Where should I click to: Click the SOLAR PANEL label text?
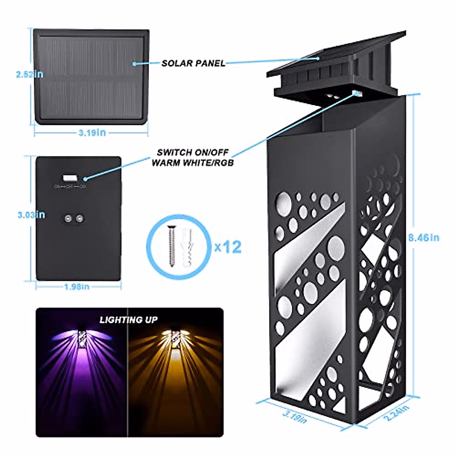point(193,63)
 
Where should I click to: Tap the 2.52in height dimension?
point(30,74)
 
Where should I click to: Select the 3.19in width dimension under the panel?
point(92,133)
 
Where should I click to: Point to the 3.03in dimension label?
point(31,215)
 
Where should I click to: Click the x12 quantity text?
point(228,247)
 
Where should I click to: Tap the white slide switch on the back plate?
point(70,177)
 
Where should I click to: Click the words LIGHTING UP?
point(128,320)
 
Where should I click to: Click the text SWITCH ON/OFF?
point(193,152)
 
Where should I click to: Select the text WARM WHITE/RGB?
point(193,163)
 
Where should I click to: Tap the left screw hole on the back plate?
point(68,218)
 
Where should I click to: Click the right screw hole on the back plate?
point(79,218)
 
